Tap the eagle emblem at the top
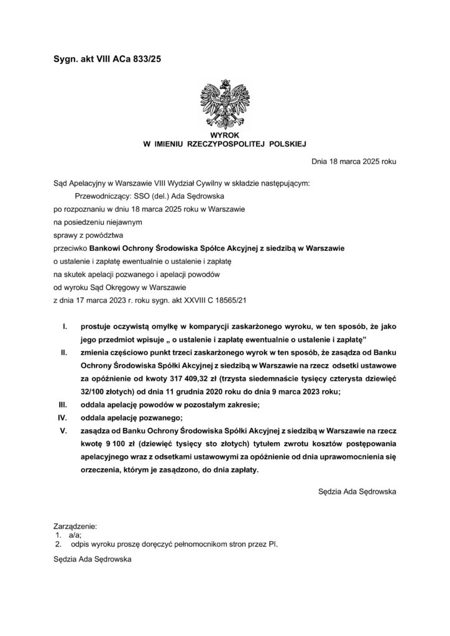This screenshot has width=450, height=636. point(225,102)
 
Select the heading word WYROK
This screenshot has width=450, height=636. point(225,134)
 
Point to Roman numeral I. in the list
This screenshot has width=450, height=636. point(66,326)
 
